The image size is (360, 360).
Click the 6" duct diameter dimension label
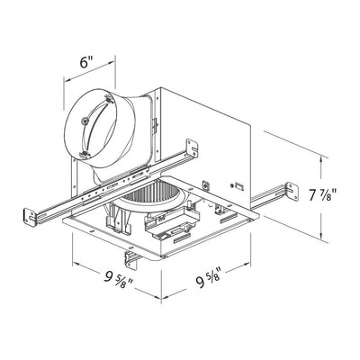click(85, 62)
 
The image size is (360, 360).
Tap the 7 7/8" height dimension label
click(322, 195)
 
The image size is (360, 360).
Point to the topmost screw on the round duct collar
click(108, 98)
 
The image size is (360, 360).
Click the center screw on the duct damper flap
click(85, 121)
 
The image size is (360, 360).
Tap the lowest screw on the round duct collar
click(85, 155)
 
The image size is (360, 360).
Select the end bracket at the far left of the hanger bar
click(30, 217)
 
